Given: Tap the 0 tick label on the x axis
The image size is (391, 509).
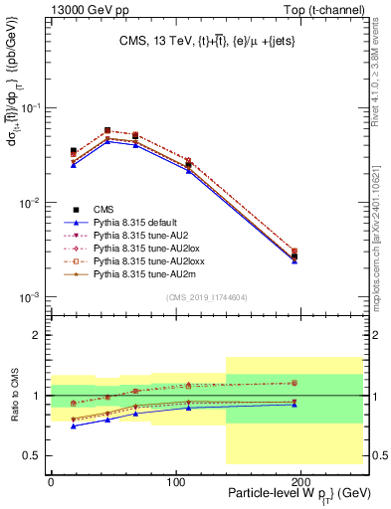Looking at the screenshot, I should [x=51, y=478].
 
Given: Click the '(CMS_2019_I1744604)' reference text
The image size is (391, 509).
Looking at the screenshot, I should [x=206, y=296].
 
